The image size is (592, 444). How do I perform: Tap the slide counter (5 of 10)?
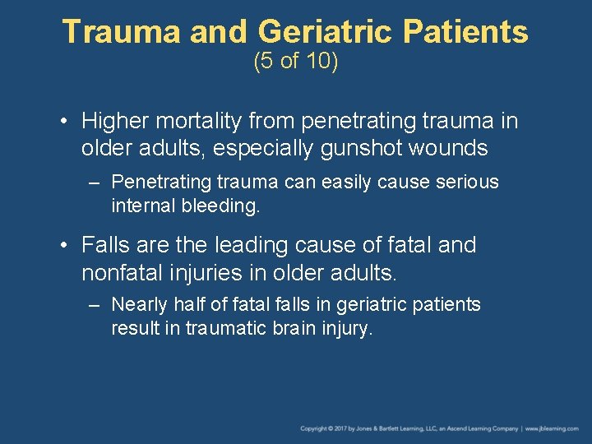click(x=296, y=62)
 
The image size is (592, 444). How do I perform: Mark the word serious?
click(x=467, y=182)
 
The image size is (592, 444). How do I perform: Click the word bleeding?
click(x=220, y=206)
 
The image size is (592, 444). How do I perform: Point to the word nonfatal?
click(x=121, y=271)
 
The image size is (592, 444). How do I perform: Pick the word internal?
click(x=141, y=206)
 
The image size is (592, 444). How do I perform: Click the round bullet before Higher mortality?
click(x=64, y=123)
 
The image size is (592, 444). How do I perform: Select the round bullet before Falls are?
click(x=64, y=246)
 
